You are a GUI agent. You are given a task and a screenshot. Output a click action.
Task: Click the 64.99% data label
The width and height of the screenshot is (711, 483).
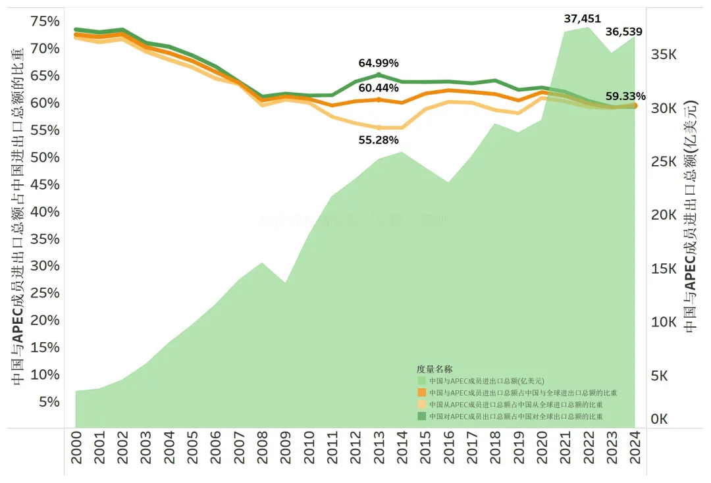(x=379, y=63)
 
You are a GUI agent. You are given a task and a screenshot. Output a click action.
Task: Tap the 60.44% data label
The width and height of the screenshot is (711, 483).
(x=379, y=88)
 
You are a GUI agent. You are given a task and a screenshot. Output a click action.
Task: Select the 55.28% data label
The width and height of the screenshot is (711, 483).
(x=379, y=140)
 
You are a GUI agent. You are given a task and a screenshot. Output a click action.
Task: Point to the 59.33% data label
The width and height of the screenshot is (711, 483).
(x=625, y=96)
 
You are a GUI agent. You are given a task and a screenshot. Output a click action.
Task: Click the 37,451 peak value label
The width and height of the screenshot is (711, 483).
(x=582, y=18)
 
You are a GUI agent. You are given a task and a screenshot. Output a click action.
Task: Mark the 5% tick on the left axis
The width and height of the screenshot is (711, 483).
(x=49, y=401)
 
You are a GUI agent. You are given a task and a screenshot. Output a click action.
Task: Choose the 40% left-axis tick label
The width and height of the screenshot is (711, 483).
(x=45, y=212)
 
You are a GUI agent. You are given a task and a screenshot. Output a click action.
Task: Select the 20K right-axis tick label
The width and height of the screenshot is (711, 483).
(x=664, y=215)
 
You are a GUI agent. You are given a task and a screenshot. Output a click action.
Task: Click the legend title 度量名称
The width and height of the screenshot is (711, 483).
(x=434, y=369)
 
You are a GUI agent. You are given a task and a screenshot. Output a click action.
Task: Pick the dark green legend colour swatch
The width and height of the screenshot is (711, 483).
(x=421, y=417)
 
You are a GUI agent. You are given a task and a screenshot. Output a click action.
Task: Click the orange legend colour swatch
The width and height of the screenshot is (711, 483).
(x=421, y=393)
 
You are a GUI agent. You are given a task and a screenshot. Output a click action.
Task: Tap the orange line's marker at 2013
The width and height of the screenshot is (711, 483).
(x=379, y=99)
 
